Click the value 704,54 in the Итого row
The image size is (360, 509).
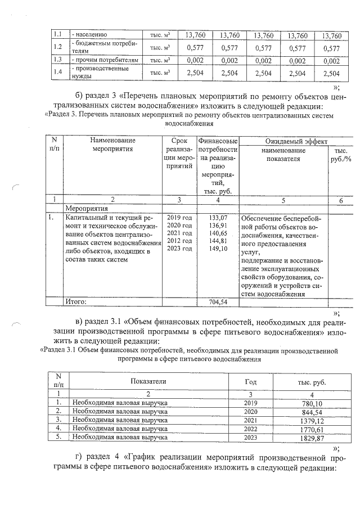pyautogui.click(x=217, y=302)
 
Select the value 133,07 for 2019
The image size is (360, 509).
pyautogui.click(x=217, y=217)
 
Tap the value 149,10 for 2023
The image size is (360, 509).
pyautogui.click(x=217, y=248)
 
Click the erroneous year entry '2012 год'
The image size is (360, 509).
pyautogui.click(x=179, y=241)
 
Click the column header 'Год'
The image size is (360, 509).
pyautogui.click(x=250, y=381)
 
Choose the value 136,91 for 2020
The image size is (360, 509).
pyautogui.click(x=217, y=225)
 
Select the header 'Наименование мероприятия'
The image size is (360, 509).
pyautogui.click(x=112, y=145)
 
